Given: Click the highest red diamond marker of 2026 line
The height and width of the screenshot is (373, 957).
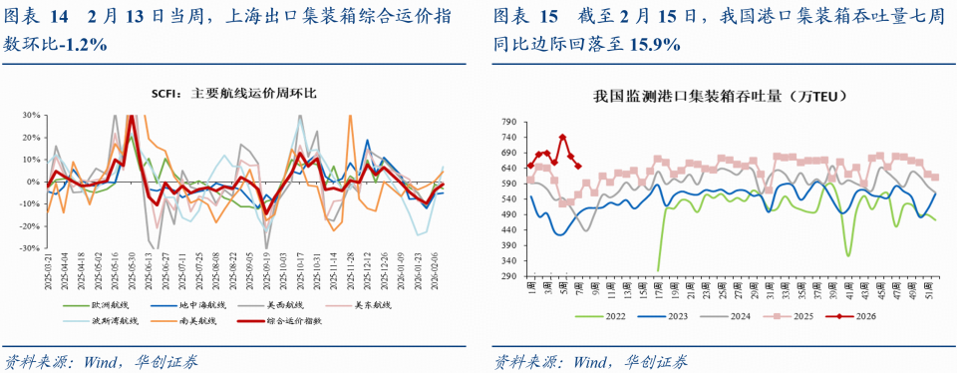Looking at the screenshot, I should [562, 138].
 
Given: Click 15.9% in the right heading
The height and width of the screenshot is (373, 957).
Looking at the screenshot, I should [653, 45].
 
